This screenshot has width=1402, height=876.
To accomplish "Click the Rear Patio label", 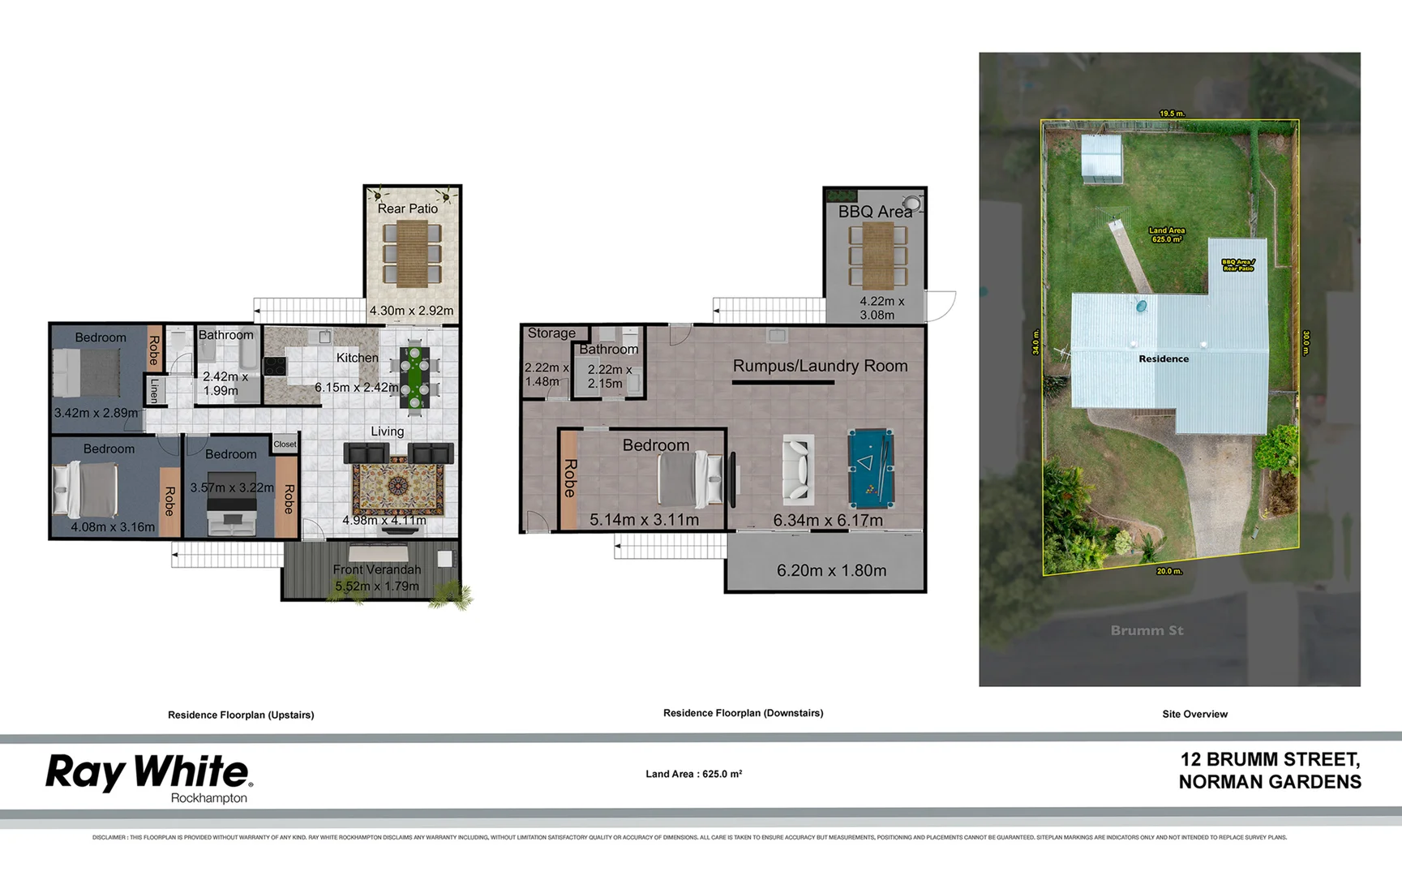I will pyautogui.click(x=407, y=208).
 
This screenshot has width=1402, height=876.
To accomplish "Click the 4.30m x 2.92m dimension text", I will pyautogui.click(x=411, y=311).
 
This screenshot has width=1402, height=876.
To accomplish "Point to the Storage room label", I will pyautogui.click(x=551, y=333).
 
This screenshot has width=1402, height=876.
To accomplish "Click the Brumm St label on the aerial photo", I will pyautogui.click(x=1147, y=630).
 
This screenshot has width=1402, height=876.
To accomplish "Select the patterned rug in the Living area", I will pyautogui.click(x=398, y=486).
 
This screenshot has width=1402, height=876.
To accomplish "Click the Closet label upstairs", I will pyautogui.click(x=285, y=444).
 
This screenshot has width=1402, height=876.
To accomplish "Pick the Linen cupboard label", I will pyautogui.click(x=154, y=391).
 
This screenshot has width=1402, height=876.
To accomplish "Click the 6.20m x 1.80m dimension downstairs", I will pyautogui.click(x=831, y=570).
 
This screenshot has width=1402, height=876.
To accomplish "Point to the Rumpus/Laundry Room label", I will pyautogui.click(x=820, y=366).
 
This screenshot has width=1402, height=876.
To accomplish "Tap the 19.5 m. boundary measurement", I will pyautogui.click(x=1172, y=114).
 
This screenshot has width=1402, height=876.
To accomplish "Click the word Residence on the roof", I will pyautogui.click(x=1164, y=359).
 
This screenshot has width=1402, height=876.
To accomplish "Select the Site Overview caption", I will pyautogui.click(x=1194, y=714).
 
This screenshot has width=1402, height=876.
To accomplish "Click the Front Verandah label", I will pyautogui.click(x=377, y=569).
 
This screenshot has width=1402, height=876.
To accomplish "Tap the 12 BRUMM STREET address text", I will pyautogui.click(x=1270, y=759).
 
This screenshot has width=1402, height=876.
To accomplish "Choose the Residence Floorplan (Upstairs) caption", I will pyautogui.click(x=241, y=715).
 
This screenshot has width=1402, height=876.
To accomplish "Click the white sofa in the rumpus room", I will pyautogui.click(x=798, y=468).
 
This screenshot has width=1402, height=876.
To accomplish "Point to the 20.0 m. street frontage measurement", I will pyautogui.click(x=1168, y=571).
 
